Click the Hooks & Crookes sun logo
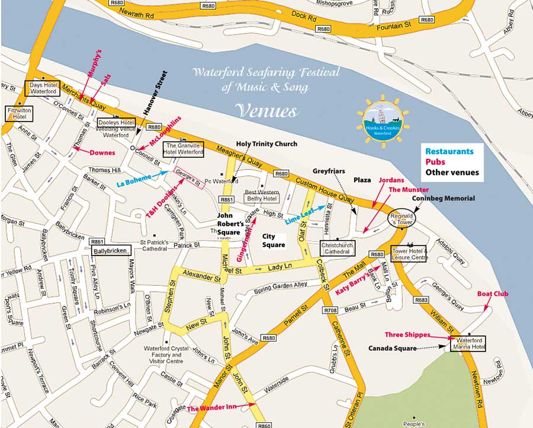(383, 119)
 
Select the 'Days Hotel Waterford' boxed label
(44, 88)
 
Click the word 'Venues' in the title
(265, 111)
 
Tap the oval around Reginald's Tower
(402, 218)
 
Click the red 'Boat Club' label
(493, 293)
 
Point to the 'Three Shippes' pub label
(407, 335)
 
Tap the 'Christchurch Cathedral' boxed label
(337, 248)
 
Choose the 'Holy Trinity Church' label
(266, 144)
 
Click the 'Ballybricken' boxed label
(111, 251)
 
